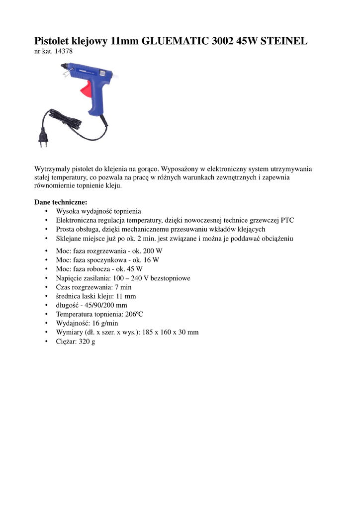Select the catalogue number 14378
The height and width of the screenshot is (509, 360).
(64, 51)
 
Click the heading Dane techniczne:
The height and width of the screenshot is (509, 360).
(61, 202)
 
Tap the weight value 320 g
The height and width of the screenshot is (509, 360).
(86, 341)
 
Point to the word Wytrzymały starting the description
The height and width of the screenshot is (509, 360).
(53, 169)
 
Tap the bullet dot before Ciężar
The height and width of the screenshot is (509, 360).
(46, 341)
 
